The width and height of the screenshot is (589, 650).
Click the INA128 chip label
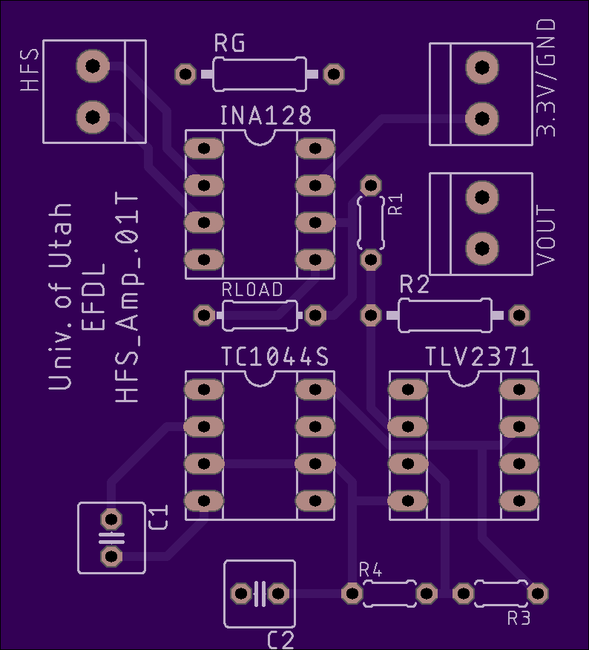pos(266,116)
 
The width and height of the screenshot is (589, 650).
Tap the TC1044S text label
pos(275,356)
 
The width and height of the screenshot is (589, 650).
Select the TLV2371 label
pos(479,356)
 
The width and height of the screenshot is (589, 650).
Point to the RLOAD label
pos(252,289)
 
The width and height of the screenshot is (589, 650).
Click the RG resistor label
pos(229,43)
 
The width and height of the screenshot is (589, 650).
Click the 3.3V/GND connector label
pos(545,77)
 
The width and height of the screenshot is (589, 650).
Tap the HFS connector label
pos(30,70)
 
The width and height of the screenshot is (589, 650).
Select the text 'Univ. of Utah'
pos(61,296)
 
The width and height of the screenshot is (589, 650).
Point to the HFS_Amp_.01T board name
pos(126,298)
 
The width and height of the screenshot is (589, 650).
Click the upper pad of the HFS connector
pos(93,66)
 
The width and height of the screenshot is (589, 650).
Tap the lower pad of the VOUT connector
pos(482,249)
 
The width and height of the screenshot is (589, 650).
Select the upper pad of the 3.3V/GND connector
pos(482,68)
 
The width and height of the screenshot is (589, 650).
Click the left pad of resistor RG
pos(185,74)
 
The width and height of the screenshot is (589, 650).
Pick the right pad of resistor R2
pos(519,315)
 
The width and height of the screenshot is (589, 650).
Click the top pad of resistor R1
pos(371,186)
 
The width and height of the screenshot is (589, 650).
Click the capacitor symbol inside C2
pos(260,594)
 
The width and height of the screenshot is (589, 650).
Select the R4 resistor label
pos(371,570)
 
